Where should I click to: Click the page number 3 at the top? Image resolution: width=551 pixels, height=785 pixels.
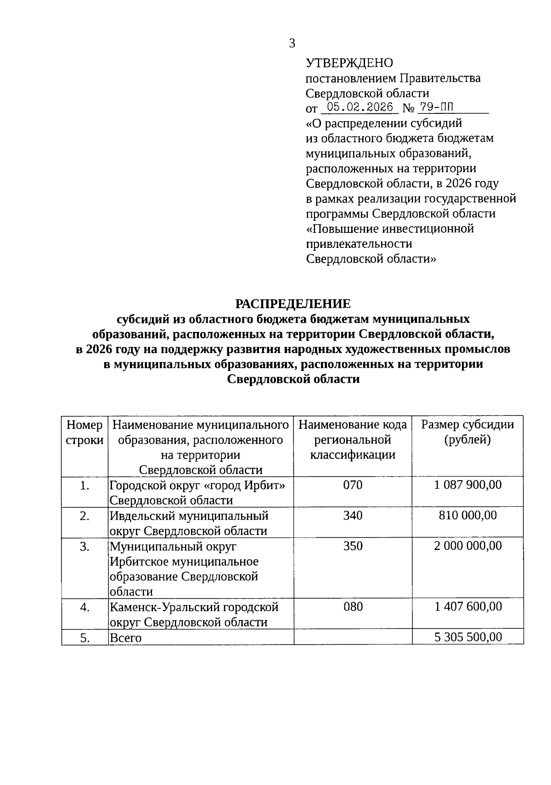(292, 44)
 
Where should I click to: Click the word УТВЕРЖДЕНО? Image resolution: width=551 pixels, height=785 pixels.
(349, 63)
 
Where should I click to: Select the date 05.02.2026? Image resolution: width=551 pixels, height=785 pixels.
(360, 107)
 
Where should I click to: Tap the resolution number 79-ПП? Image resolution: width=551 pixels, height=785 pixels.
(436, 107)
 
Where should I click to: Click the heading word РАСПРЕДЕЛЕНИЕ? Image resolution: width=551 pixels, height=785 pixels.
(293, 303)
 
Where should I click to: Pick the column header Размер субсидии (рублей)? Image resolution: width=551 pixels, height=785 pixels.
(467, 432)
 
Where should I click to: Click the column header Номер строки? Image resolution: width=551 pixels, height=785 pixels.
(85, 432)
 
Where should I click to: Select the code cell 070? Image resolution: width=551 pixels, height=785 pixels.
(353, 485)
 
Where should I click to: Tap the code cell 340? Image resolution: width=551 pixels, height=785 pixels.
(353, 516)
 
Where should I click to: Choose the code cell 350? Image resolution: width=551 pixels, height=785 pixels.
(353, 546)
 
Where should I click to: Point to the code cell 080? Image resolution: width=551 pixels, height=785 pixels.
(353, 607)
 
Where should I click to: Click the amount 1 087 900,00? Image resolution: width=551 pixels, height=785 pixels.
(468, 485)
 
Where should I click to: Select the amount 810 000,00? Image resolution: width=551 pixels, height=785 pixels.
(468, 516)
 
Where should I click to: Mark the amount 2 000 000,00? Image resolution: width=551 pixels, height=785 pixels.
(468, 546)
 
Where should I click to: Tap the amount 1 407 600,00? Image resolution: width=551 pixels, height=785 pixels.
(468, 607)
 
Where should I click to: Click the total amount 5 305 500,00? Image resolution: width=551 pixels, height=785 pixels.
(468, 637)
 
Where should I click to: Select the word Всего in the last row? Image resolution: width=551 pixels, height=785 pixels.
(125, 638)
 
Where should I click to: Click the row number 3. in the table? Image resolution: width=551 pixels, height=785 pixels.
(84, 546)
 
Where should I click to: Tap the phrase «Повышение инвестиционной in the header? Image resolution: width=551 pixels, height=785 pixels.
(390, 229)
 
